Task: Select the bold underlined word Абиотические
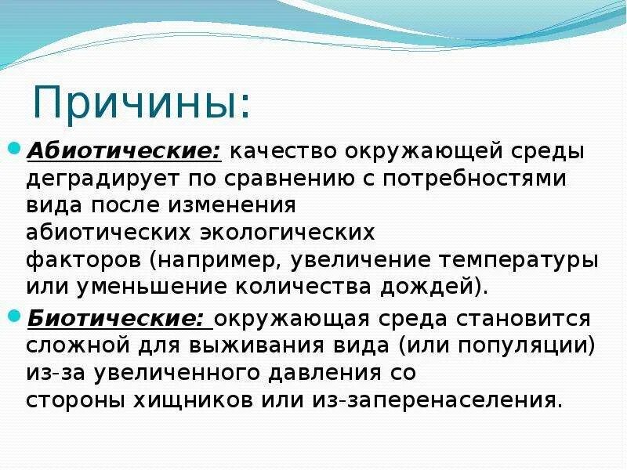point(125,150)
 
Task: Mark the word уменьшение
point(131,287)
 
